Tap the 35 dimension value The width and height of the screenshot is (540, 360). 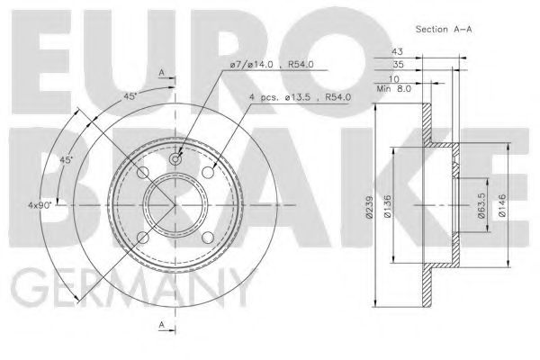pos(397,67)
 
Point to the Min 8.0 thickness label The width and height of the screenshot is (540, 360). pos(392,89)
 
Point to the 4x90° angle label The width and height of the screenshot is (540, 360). pos(37,206)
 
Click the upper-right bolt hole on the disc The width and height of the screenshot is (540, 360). pos(208,173)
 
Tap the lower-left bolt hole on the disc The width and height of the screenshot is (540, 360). pos(142,238)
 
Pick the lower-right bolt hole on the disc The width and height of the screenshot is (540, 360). pos(208,238)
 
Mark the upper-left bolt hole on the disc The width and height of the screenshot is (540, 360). pos(142,173)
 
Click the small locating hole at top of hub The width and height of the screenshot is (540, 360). pos(175,159)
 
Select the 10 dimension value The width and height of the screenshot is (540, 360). pos(397,79)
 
